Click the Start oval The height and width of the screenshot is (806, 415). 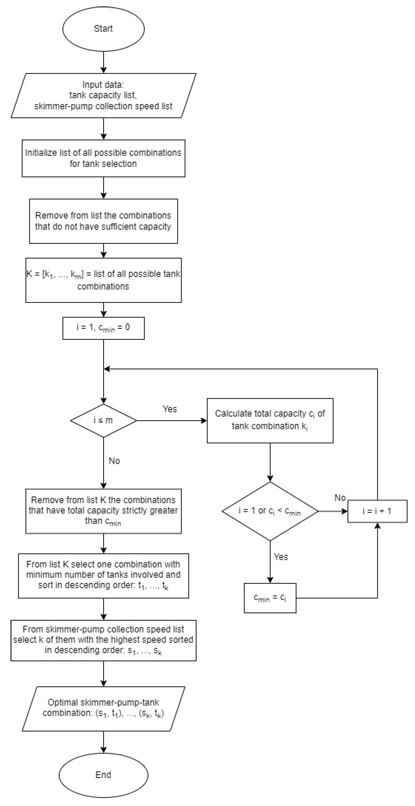pos(103,29)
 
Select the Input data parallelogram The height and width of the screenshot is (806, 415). pos(103,95)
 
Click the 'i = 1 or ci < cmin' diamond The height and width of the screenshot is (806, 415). pos(270,511)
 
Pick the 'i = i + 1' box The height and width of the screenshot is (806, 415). pos(377,511)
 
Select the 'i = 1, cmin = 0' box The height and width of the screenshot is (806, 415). pos(103,328)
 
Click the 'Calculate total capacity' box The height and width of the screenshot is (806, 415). pos(270,420)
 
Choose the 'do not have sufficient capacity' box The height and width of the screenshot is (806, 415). pos(103,221)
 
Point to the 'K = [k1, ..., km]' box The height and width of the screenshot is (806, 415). pos(103,280)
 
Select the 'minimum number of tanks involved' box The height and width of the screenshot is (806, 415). pos(103,576)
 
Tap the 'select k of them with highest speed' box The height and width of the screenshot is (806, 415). pos(103,640)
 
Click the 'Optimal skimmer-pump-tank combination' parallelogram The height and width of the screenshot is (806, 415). pos(103,709)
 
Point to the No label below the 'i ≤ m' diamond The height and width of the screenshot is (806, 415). pos(114,461)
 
